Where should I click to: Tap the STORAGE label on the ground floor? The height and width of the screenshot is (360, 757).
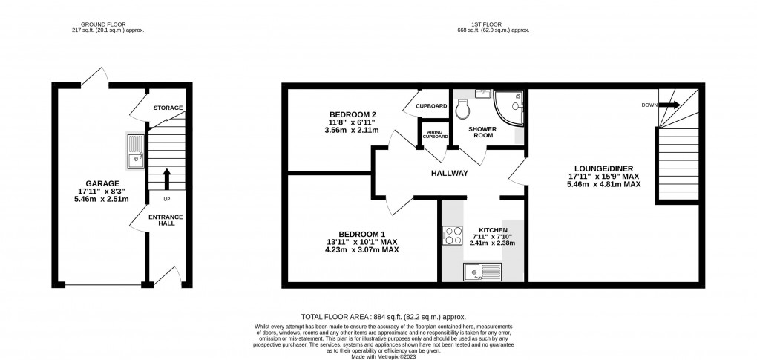tap(168, 108)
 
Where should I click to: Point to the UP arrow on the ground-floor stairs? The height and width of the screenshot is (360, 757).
tap(166, 179)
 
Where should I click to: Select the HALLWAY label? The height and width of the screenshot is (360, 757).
tap(450, 173)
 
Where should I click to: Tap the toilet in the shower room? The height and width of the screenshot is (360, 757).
tap(465, 110)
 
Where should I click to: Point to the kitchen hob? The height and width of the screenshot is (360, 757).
tap(452, 235)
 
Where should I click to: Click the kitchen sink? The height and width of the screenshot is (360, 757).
tap(483, 272)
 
